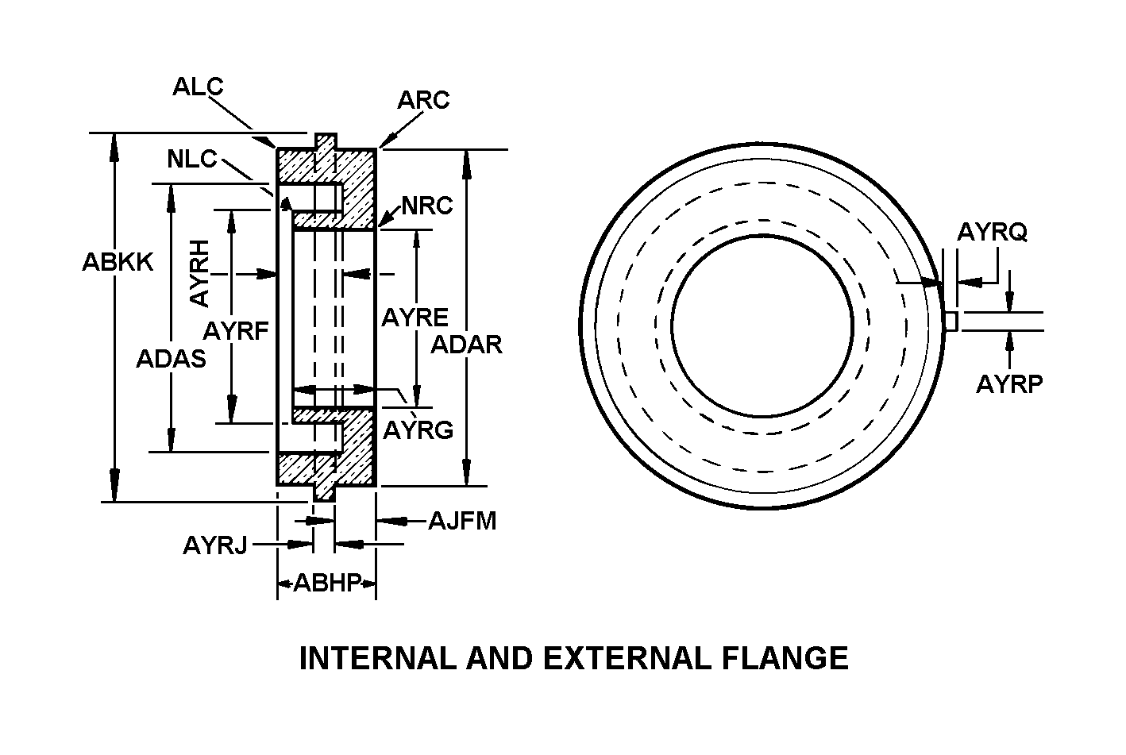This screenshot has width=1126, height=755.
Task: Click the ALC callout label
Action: pyautogui.click(x=198, y=87)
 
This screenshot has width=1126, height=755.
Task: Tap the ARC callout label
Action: pyautogui.click(x=423, y=100)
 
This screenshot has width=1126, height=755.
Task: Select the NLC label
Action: pyautogui.click(x=191, y=160)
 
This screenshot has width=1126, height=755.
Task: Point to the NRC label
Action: pyautogui.click(x=427, y=206)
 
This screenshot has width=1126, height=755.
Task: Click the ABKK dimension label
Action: pyautogui.click(x=118, y=262)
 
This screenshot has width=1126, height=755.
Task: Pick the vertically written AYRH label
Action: pyautogui.click(x=199, y=273)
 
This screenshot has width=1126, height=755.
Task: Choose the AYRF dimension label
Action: pyautogui.click(x=236, y=331)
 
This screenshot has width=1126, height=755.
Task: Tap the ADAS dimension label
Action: pyautogui.click(x=172, y=359)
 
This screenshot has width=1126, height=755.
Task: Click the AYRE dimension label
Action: pyautogui.click(x=415, y=318)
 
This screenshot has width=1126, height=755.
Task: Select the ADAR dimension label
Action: pyautogui.click(x=466, y=345)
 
